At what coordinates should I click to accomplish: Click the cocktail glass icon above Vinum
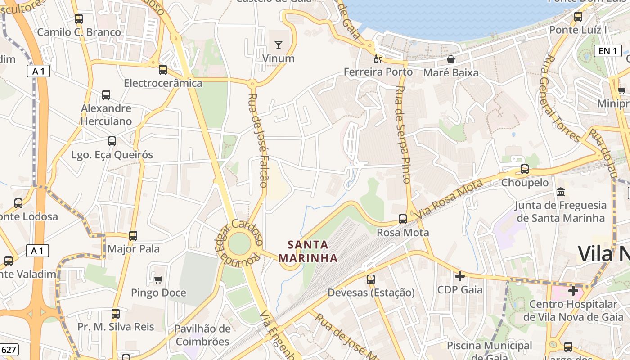click(279, 45)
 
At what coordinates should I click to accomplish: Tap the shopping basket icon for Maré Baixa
click(451, 59)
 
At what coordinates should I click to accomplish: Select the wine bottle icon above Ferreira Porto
click(378, 59)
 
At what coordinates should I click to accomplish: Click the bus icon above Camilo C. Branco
click(79, 19)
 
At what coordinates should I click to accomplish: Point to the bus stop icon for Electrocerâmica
click(163, 70)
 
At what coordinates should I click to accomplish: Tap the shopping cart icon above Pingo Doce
click(158, 280)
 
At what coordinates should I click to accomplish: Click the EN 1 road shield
click(607, 51)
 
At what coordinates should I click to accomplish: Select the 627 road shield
click(9, 350)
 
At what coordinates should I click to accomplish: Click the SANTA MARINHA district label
click(308, 252)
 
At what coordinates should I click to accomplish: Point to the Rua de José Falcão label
click(258, 140)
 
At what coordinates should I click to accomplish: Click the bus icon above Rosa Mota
click(403, 219)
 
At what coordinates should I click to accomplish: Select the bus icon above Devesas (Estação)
click(371, 279)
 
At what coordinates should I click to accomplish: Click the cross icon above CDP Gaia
click(459, 276)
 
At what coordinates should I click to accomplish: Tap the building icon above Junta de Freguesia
click(561, 192)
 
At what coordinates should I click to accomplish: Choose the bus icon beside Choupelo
click(525, 169)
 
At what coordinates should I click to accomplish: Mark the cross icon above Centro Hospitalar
click(573, 291)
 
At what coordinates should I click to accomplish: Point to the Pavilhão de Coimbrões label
click(202, 335)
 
